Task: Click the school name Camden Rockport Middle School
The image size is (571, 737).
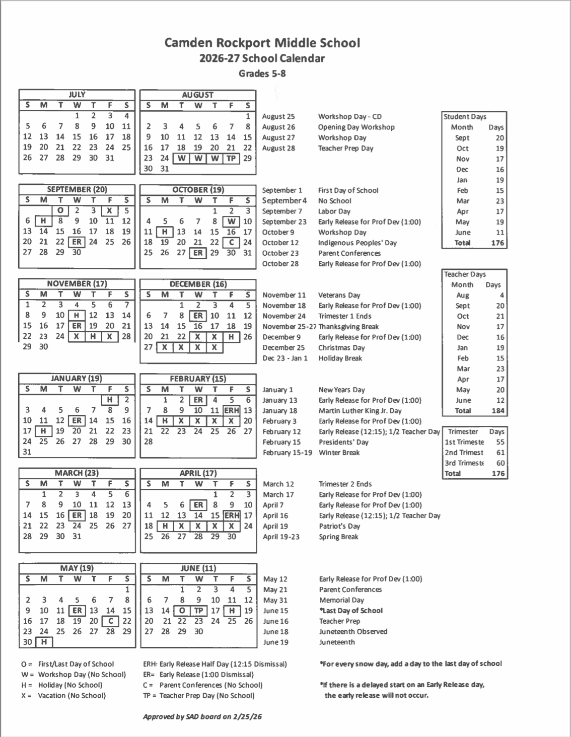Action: pos(262,43)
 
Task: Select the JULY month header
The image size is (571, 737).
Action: pos(77,95)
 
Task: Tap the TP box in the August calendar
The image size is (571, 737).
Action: pos(231,158)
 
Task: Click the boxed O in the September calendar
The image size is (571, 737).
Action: pos(60,211)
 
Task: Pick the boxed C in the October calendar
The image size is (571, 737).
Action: pos(231,243)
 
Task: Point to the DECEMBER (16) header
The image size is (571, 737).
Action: pos(198,284)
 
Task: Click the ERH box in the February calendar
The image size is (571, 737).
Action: pos(231,410)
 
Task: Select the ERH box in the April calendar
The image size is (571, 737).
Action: pos(232,515)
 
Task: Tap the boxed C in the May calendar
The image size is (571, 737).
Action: pos(110,621)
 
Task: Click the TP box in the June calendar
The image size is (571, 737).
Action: pos(199,611)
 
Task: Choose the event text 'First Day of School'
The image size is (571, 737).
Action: pos(348,190)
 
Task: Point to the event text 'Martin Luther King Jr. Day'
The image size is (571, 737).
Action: pos(360,411)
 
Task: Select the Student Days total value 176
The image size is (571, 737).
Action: pos(497,243)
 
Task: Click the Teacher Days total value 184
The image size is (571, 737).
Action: pos(497,410)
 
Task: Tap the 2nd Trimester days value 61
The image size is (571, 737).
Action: pos(500,453)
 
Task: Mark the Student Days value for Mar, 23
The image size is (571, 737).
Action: pos(499,201)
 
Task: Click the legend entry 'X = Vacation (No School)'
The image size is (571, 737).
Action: pos(64,696)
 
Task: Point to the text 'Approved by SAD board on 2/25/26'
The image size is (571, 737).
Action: pos(202,716)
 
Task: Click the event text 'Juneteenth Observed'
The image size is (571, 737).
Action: pos(353,631)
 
